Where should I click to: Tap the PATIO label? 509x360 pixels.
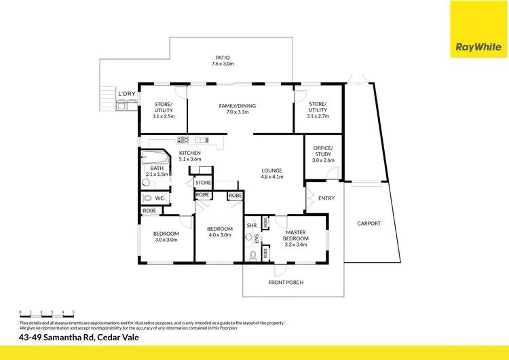[223, 58]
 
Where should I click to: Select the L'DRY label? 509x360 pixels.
[127, 94]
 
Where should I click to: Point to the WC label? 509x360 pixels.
[160, 198]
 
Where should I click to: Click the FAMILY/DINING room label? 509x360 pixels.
[237, 107]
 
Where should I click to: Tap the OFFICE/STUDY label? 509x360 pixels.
[322, 151]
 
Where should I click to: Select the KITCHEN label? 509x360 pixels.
[189, 154]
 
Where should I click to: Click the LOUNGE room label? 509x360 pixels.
[271, 170]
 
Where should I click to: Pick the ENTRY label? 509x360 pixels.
[326, 198]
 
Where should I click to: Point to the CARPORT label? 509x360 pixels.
[369, 223]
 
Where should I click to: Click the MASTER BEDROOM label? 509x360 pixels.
[296, 236]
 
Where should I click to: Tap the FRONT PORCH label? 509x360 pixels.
[286, 282]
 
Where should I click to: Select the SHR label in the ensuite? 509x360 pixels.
[251, 225]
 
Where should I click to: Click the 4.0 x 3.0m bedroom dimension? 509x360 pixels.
[219, 235]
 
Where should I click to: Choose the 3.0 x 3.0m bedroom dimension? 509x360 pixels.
[166, 239]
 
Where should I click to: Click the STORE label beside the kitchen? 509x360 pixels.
[203, 183]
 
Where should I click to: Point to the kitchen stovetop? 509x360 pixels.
[184, 141]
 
